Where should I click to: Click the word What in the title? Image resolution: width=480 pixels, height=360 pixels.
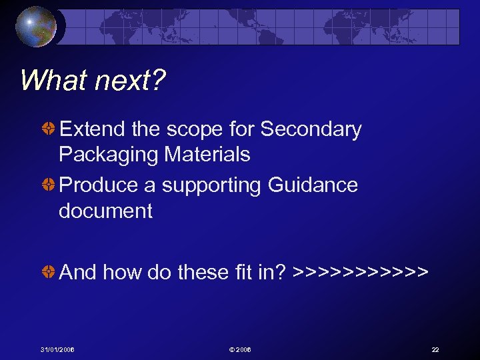54,81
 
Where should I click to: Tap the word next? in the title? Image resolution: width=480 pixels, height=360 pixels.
130,81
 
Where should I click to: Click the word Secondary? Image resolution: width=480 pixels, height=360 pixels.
311,129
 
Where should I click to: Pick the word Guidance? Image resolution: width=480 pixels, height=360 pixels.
313,185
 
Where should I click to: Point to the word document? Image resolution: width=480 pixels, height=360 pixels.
105,211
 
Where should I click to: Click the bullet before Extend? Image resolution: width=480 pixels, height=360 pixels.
49,129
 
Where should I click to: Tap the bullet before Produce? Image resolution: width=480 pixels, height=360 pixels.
49,185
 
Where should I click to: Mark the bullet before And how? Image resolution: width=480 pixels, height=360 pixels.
49,272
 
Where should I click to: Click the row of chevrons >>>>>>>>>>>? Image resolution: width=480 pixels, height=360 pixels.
360,272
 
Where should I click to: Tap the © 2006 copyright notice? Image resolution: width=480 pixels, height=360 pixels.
240,350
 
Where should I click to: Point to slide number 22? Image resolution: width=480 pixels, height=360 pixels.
435,350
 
